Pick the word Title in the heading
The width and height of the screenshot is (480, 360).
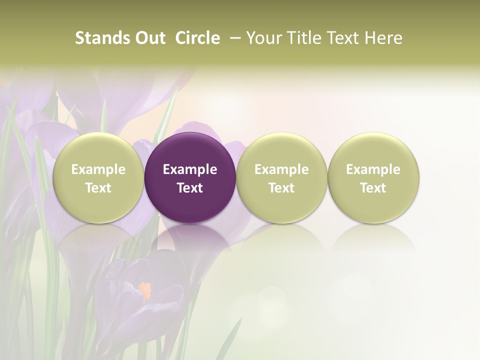(x=304, y=38)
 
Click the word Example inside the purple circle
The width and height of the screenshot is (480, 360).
(x=190, y=169)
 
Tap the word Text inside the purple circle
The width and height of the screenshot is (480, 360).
(x=190, y=188)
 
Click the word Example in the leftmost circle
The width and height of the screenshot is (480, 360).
(x=98, y=169)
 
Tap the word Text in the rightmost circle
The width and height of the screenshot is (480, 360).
(x=373, y=188)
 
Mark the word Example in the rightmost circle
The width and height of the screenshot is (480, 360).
(x=373, y=169)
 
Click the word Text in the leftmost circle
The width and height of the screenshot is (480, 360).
(x=98, y=188)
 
